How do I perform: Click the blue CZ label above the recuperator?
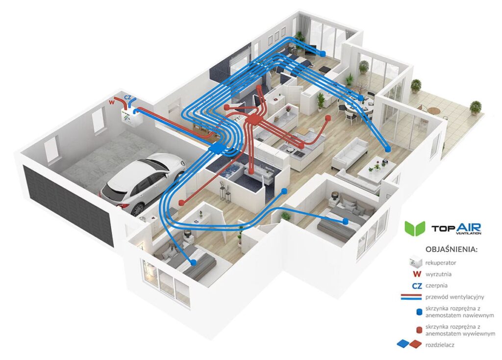128,98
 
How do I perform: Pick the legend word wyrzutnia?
439,274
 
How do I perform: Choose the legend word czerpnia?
437,285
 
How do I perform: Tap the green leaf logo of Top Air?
414,229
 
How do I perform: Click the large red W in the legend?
417,274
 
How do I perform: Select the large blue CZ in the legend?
417,285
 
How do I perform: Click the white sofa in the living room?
350,153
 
